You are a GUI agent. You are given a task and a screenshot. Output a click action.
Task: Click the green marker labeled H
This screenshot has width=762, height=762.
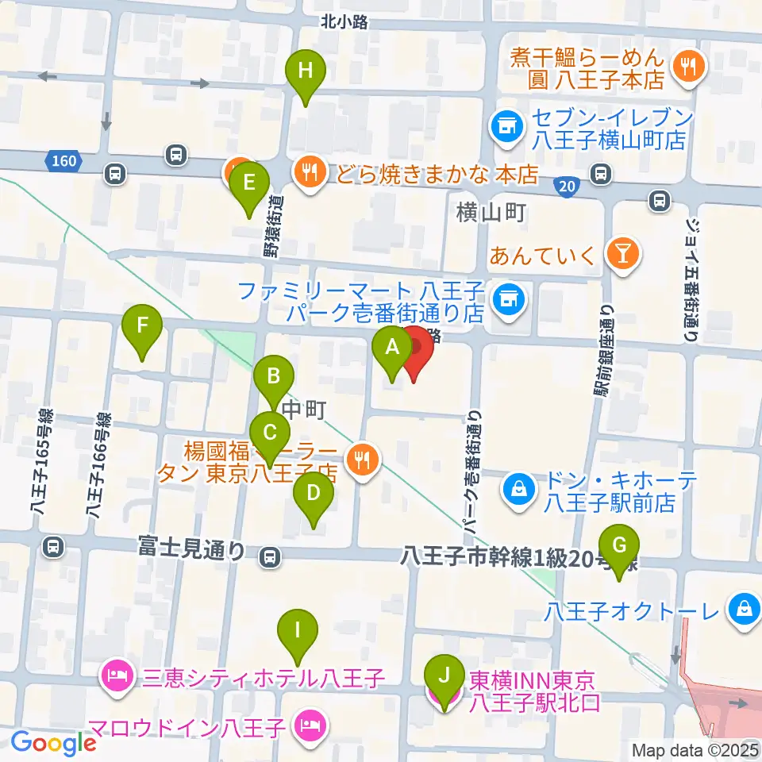[306, 71]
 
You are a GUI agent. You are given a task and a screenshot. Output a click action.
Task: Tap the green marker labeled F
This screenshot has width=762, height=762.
[143, 326]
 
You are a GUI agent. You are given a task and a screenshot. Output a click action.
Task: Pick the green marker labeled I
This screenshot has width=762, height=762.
[298, 631]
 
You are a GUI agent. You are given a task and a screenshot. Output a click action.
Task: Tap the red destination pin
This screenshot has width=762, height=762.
[414, 349]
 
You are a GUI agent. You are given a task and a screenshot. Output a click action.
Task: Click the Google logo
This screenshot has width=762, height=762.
[53, 743]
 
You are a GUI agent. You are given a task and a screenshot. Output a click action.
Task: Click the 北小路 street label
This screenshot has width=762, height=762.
[345, 22]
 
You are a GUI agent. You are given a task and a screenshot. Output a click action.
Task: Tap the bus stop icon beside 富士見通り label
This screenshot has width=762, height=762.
[271, 558]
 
